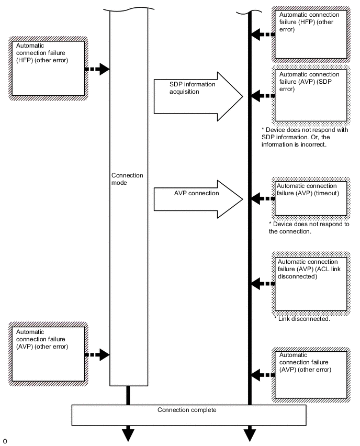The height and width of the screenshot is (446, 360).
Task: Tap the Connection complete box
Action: (x=188, y=415)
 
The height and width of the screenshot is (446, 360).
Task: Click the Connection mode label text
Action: (x=127, y=179)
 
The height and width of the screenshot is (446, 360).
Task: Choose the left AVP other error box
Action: (x=49, y=354)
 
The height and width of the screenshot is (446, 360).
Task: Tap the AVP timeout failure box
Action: (x=311, y=198)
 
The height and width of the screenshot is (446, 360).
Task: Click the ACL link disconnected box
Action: (x=311, y=284)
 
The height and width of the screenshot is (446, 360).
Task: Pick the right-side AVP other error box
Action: (x=311, y=374)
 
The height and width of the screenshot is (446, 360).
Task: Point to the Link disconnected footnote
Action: (x=302, y=319)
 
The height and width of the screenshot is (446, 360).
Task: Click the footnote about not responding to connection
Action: (x=309, y=228)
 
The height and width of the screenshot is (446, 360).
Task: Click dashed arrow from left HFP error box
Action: (x=97, y=69)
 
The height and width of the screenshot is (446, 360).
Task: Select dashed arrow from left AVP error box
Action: (x=97, y=355)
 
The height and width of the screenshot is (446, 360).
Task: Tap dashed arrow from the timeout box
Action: (x=263, y=199)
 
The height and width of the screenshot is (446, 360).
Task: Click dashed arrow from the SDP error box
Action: (x=263, y=96)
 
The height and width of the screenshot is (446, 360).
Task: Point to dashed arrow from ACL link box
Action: (x=263, y=284)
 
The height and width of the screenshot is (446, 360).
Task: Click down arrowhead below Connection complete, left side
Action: (x=128, y=434)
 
